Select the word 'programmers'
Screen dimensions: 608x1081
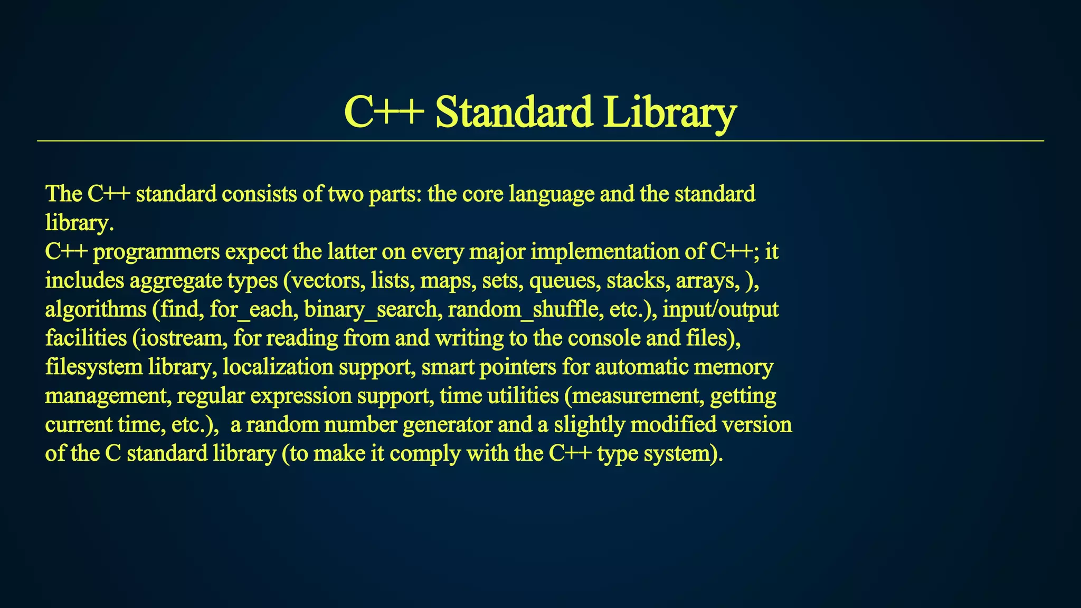156,252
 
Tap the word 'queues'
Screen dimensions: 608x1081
565,280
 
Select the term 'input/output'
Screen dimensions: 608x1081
720,309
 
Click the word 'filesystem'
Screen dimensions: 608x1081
93,367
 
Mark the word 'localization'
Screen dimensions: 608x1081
278,367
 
